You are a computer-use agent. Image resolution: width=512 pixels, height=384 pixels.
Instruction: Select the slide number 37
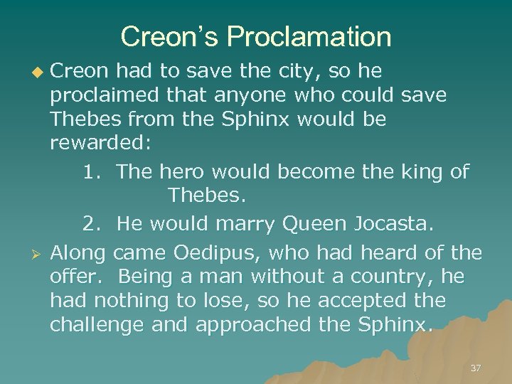click(x=476, y=368)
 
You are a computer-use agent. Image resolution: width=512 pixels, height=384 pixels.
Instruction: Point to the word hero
click(x=180, y=171)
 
